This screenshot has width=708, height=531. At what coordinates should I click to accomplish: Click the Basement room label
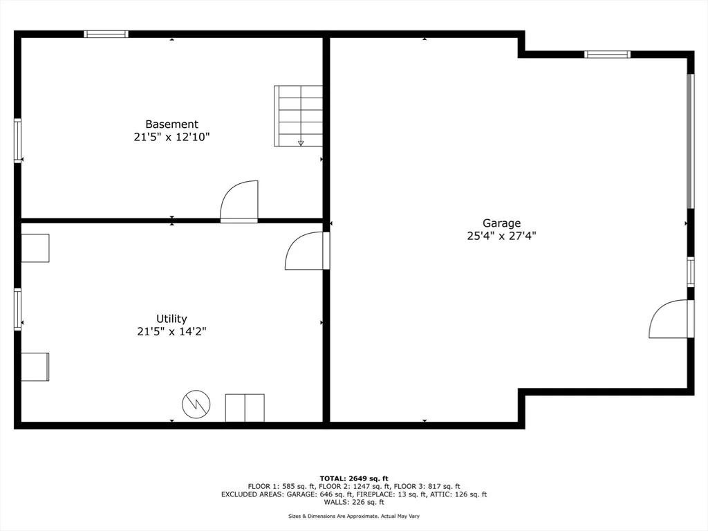(171, 124)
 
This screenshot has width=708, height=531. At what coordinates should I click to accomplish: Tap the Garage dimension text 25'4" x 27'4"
(501, 236)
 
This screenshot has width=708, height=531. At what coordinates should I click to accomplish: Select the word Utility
(171, 319)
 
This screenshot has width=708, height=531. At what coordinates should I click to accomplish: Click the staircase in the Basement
(299, 116)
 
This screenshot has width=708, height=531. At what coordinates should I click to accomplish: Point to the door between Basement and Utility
(239, 201)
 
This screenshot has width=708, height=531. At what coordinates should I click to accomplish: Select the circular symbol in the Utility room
(196, 404)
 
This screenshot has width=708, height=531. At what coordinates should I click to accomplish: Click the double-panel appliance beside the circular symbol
(245, 408)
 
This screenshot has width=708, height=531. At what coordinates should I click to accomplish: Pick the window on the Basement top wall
(106, 34)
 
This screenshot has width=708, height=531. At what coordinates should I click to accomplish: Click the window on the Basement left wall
(17, 140)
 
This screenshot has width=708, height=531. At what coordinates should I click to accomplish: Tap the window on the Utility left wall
(17, 309)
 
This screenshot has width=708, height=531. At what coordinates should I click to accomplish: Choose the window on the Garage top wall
(607, 55)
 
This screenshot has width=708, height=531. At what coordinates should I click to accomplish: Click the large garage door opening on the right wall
(691, 141)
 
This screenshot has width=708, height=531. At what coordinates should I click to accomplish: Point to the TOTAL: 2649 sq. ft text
(354, 478)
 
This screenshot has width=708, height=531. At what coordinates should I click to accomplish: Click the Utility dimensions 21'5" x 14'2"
(171, 332)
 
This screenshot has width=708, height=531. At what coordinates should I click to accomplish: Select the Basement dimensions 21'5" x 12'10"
(171, 137)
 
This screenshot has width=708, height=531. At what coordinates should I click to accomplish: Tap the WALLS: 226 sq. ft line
(354, 502)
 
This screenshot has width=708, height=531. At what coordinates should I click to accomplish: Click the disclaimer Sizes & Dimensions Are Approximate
(334, 516)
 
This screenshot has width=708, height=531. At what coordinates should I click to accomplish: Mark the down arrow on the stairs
(301, 143)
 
